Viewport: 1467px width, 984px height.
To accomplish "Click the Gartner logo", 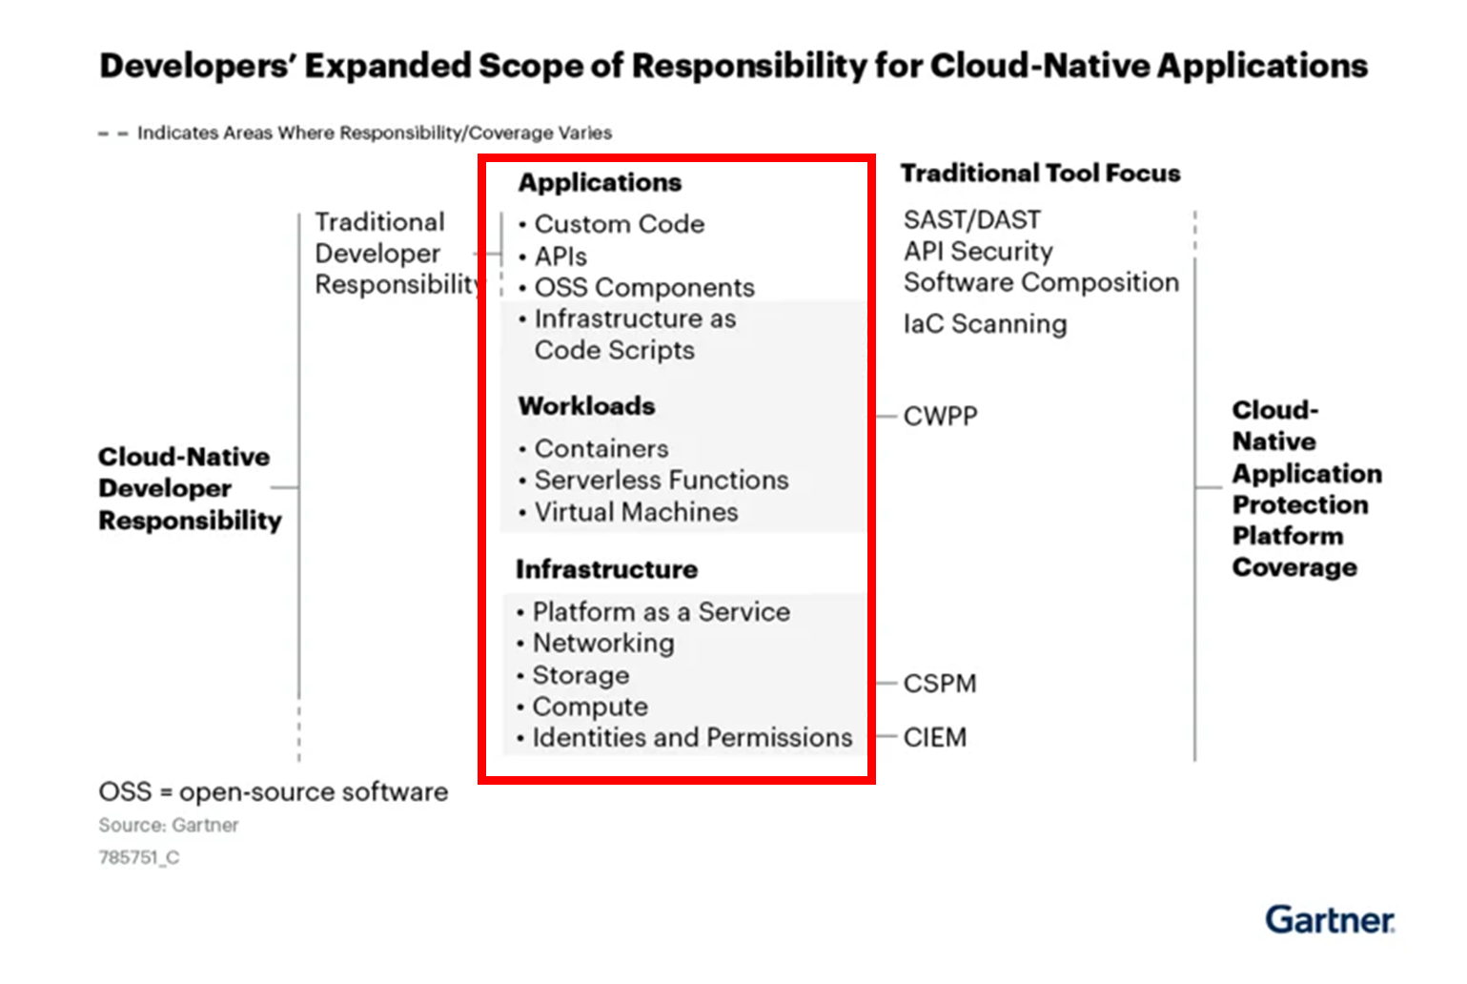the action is tap(1330, 920).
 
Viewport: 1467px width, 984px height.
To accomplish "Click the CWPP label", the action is tap(941, 416).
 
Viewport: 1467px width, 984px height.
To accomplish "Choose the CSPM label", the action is tap(940, 684).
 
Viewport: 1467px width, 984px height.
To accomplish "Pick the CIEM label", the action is tap(935, 738).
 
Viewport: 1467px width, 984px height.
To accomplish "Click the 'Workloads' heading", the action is tap(587, 406).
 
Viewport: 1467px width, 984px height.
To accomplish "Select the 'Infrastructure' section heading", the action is tap(607, 569).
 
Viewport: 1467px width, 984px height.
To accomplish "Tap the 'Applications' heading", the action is tap(600, 182).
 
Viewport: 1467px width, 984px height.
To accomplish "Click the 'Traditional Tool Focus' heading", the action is tap(1041, 173).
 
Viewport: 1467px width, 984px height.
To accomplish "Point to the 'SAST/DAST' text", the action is tap(972, 220).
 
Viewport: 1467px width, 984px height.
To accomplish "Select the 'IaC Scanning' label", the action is tap(986, 324).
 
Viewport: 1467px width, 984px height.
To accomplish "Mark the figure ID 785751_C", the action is tap(139, 857).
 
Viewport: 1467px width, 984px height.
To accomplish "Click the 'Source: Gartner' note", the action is tap(169, 825).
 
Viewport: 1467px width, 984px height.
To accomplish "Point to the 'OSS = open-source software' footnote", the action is tap(274, 792).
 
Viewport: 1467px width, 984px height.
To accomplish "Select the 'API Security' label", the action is tap(978, 252).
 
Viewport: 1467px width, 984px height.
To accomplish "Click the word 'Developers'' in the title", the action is tap(195, 66).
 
